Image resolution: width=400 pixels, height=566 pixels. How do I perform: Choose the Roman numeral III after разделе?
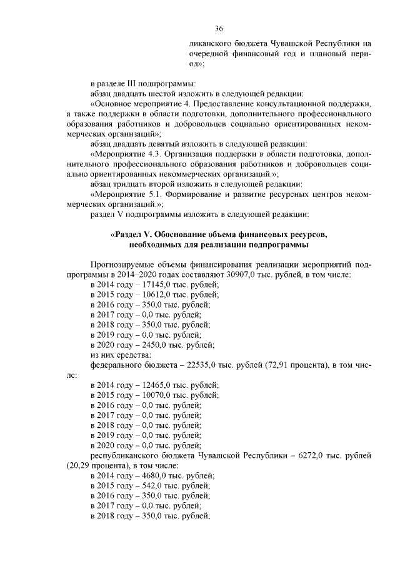130,84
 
